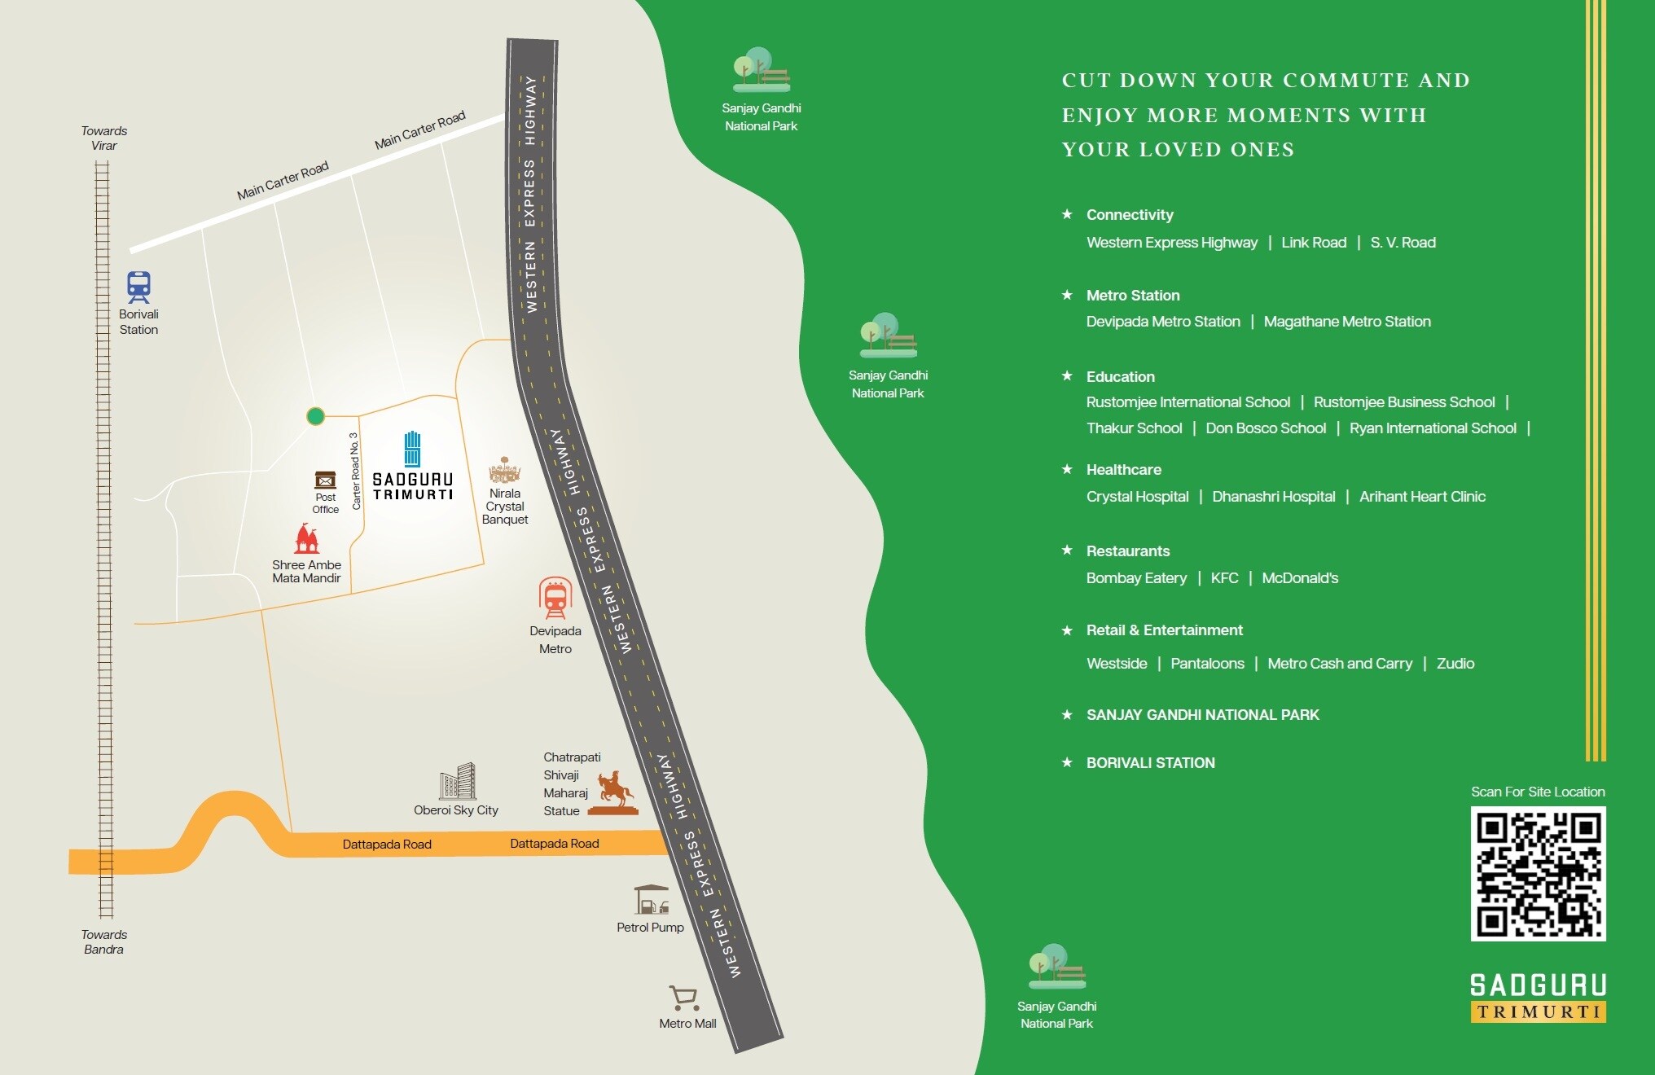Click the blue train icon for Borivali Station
(138, 287)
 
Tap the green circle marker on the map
(315, 416)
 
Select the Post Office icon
(325, 480)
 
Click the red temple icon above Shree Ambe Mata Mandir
(306, 539)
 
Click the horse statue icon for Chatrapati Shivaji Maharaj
(614, 792)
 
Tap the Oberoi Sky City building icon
(457, 782)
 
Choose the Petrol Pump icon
(651, 900)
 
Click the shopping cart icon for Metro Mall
(683, 998)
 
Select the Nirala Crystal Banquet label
(505, 506)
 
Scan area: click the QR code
(1538, 874)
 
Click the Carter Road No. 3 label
(355, 472)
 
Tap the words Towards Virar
(104, 138)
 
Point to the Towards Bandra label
(104, 941)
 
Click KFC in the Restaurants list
(1224, 578)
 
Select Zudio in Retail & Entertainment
(1455, 664)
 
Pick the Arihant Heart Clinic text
(1422, 497)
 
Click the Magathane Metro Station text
(1347, 322)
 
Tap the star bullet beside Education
(1067, 375)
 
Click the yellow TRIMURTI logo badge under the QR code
(1538, 1012)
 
